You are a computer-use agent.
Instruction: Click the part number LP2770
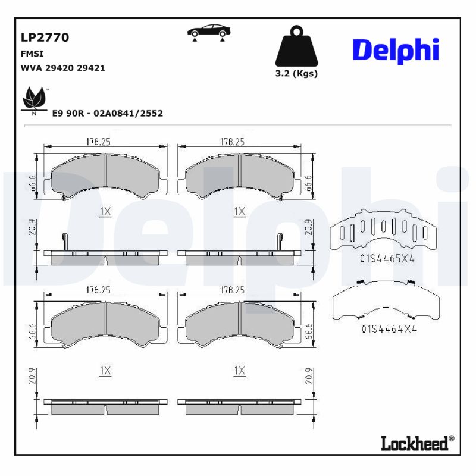[x=45, y=37]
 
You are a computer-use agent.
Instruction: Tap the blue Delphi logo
[x=396, y=51]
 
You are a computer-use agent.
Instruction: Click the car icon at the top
[x=208, y=32]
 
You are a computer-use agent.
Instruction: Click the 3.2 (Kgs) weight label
[x=296, y=74]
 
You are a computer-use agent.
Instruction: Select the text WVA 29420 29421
[x=62, y=68]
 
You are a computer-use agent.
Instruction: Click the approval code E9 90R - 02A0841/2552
[x=108, y=113]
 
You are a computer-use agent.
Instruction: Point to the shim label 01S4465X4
[x=387, y=259]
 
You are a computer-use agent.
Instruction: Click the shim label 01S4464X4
[x=389, y=328]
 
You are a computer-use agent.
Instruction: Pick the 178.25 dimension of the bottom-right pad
[x=233, y=290]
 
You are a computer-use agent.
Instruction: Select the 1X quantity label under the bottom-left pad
[x=105, y=370]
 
